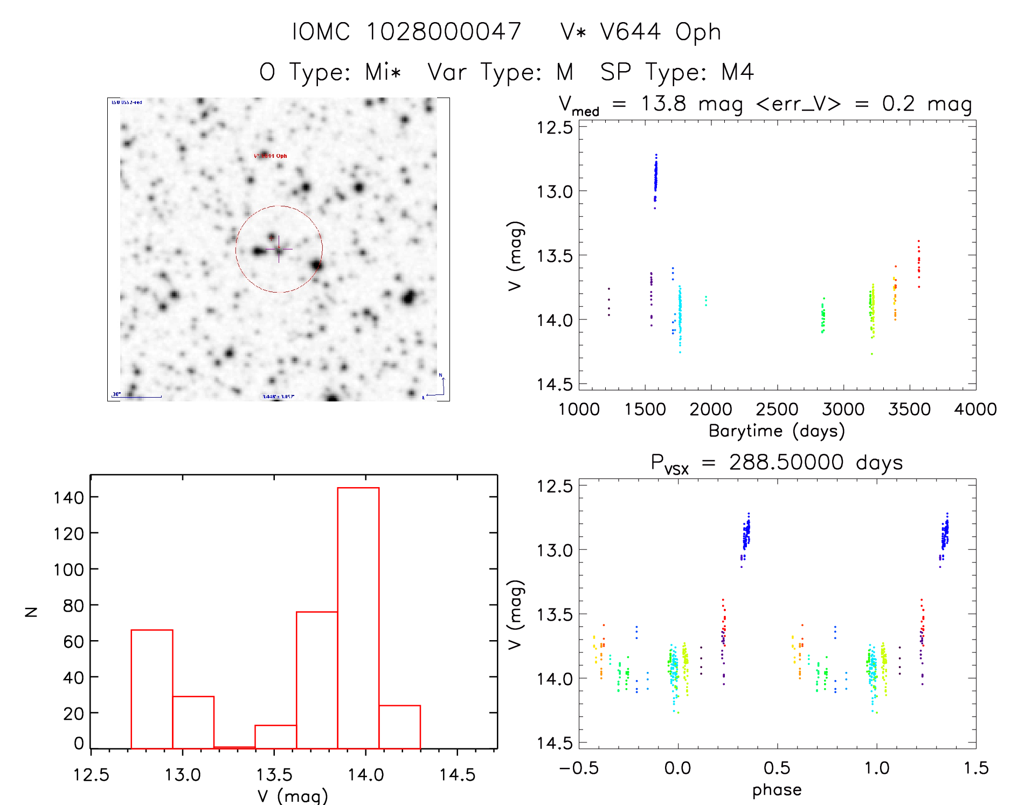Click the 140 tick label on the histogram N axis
[69, 497]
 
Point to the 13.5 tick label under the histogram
[274, 775]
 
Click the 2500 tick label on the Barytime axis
[777, 410]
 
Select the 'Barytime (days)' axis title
[777, 431]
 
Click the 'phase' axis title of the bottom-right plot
[777, 790]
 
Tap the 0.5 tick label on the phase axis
[777, 768]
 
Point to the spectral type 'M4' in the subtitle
[737, 72]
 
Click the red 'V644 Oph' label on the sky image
[271, 156]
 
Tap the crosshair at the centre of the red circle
[279, 249]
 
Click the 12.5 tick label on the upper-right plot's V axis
[555, 128]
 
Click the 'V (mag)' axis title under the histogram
[293, 796]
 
